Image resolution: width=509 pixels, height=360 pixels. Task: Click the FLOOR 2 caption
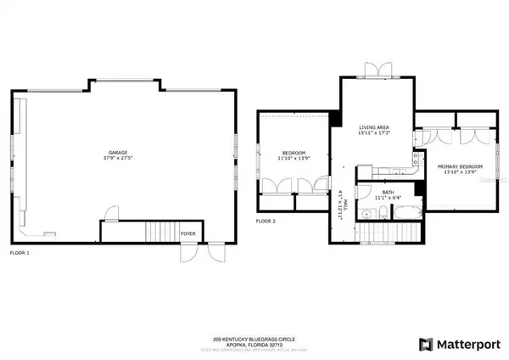point(266,222)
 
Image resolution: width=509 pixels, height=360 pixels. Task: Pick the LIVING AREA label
point(372,126)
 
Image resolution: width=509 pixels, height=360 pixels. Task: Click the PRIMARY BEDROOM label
point(461,166)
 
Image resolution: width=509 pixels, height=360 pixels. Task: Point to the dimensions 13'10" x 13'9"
point(461,172)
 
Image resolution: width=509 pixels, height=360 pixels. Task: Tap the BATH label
point(388,192)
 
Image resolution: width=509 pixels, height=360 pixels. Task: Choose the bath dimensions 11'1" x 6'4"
point(388,198)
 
